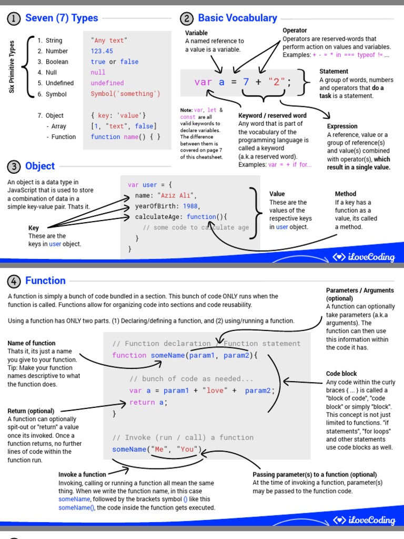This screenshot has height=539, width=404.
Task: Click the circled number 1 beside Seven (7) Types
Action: click(13, 19)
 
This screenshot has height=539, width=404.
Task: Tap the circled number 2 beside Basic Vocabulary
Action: click(187, 19)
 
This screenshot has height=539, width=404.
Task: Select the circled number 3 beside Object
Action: click(13, 167)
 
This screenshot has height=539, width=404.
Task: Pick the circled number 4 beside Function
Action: click(13, 281)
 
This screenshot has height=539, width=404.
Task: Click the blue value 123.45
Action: click(102, 51)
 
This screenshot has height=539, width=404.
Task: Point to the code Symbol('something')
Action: click(125, 94)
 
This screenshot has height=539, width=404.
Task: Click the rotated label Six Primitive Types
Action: click(12, 67)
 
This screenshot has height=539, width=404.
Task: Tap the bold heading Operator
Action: click(295, 31)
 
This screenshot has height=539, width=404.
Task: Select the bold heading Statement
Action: click(334, 71)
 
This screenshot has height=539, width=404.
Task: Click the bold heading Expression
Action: click(342, 126)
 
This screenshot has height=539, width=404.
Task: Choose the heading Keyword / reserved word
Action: click(272, 116)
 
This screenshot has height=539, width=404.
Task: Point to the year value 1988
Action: click(191, 206)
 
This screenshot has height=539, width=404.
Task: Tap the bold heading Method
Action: click(345, 194)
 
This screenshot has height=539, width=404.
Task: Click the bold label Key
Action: click(34, 228)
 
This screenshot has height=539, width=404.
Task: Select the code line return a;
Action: click(148, 402)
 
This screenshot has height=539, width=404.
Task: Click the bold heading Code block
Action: click(341, 374)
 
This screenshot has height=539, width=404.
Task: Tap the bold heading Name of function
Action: click(32, 343)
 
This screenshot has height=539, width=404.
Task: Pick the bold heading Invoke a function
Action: click(83, 474)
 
